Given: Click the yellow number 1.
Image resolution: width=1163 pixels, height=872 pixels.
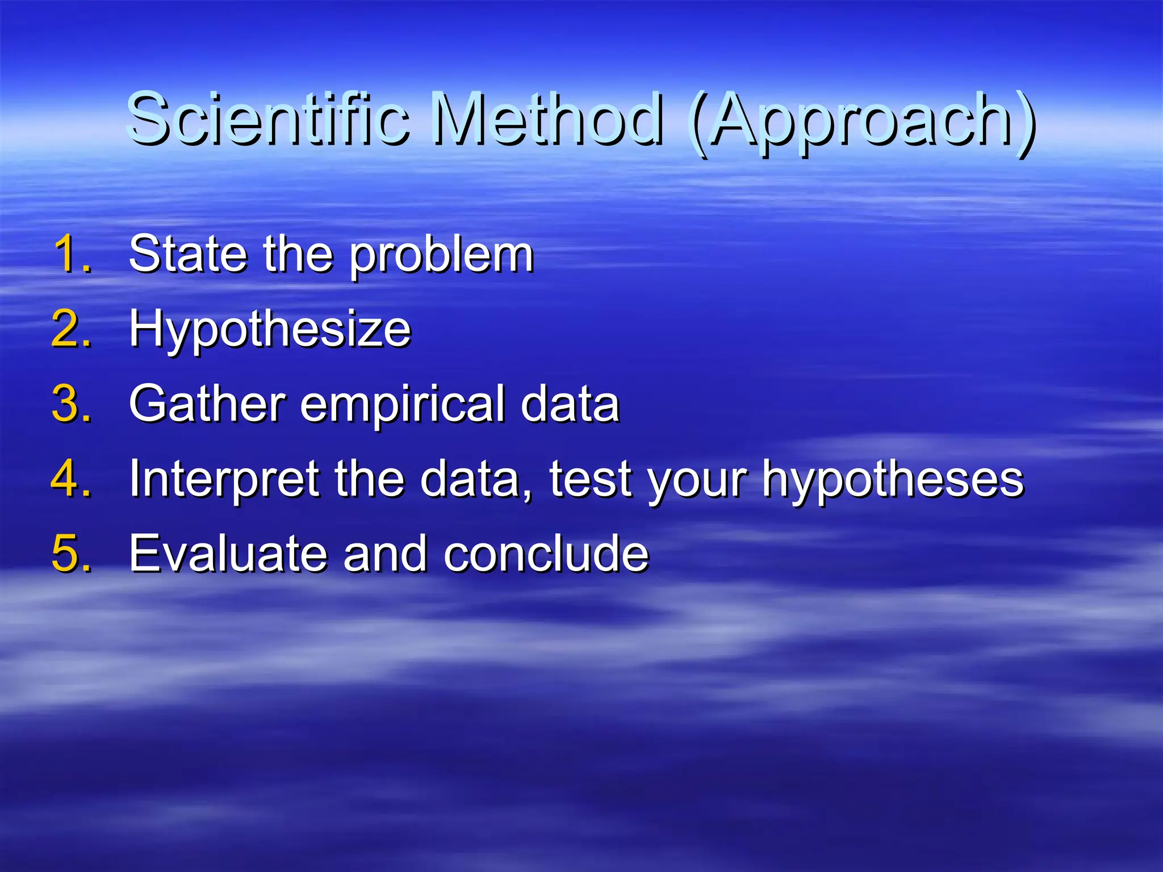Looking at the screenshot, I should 72,254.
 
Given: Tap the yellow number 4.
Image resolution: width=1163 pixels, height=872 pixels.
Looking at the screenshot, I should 72,479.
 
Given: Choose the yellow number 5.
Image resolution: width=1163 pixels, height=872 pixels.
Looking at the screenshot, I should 72,553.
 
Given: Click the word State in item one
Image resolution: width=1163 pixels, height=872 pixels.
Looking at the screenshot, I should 188,254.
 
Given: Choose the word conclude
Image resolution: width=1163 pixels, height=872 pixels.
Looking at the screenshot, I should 545,553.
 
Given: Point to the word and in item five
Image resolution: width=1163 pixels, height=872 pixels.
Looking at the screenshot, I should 384,553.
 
